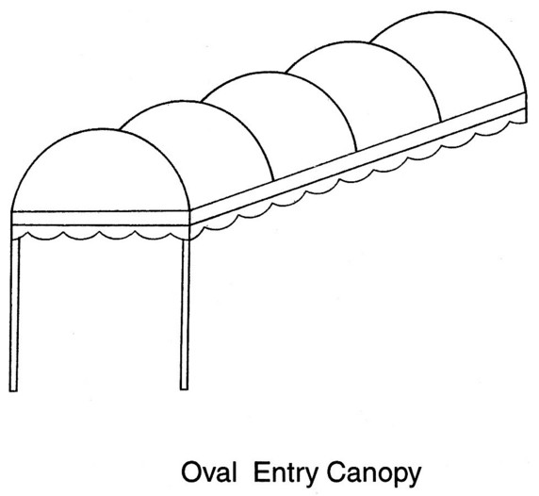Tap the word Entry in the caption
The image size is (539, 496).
[285, 474]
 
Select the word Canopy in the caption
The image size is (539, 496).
[374, 474]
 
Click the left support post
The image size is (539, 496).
[14, 314]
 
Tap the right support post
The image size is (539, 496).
[185, 314]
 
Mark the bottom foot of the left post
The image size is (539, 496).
[13, 389]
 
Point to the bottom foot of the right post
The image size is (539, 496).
[184, 389]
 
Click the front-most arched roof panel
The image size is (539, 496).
[100, 172]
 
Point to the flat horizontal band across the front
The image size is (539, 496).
[101, 218]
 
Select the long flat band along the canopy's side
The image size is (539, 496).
[358, 159]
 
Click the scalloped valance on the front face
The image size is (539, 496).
[101, 233]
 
